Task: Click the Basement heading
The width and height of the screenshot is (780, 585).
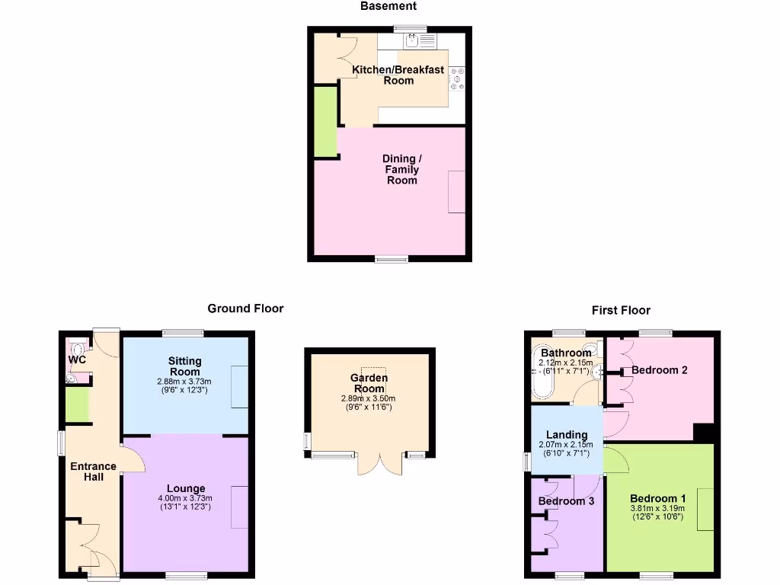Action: [388, 6]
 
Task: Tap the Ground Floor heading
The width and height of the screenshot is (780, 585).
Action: [245, 308]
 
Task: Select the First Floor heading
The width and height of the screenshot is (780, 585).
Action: [621, 310]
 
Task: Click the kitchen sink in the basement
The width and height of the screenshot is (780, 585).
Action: [403, 41]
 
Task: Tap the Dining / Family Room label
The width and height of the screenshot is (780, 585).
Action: [401, 169]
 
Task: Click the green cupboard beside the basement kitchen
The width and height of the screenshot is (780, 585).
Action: [326, 122]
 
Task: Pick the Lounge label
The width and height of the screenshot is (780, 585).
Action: [186, 488]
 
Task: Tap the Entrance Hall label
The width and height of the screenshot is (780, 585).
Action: [93, 472]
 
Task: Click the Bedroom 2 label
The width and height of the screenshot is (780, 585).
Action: [660, 370]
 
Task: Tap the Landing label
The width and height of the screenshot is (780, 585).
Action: [567, 435]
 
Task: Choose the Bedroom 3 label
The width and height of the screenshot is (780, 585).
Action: [566, 501]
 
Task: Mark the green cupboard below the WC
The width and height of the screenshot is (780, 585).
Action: [77, 404]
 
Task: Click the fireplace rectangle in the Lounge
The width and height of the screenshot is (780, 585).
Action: [240, 507]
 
